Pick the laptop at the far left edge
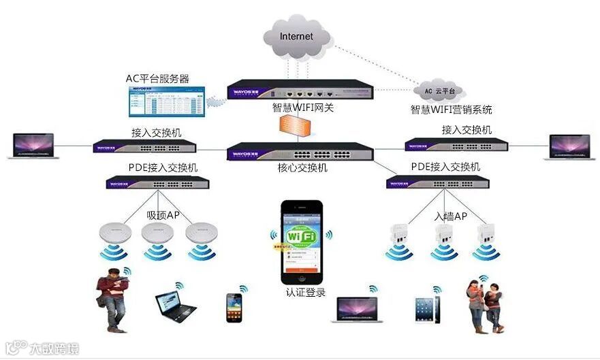pos(32,146)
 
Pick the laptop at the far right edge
pos(571,147)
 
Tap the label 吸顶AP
pos(163,215)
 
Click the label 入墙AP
pos(451,216)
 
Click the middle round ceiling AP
pos(157,232)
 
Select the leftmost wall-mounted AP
pos(398,234)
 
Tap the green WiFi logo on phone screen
pos(301,236)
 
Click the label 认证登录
pos(306,293)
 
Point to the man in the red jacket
pos(111,299)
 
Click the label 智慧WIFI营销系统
pos(451,110)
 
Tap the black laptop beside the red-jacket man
pos(174,306)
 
